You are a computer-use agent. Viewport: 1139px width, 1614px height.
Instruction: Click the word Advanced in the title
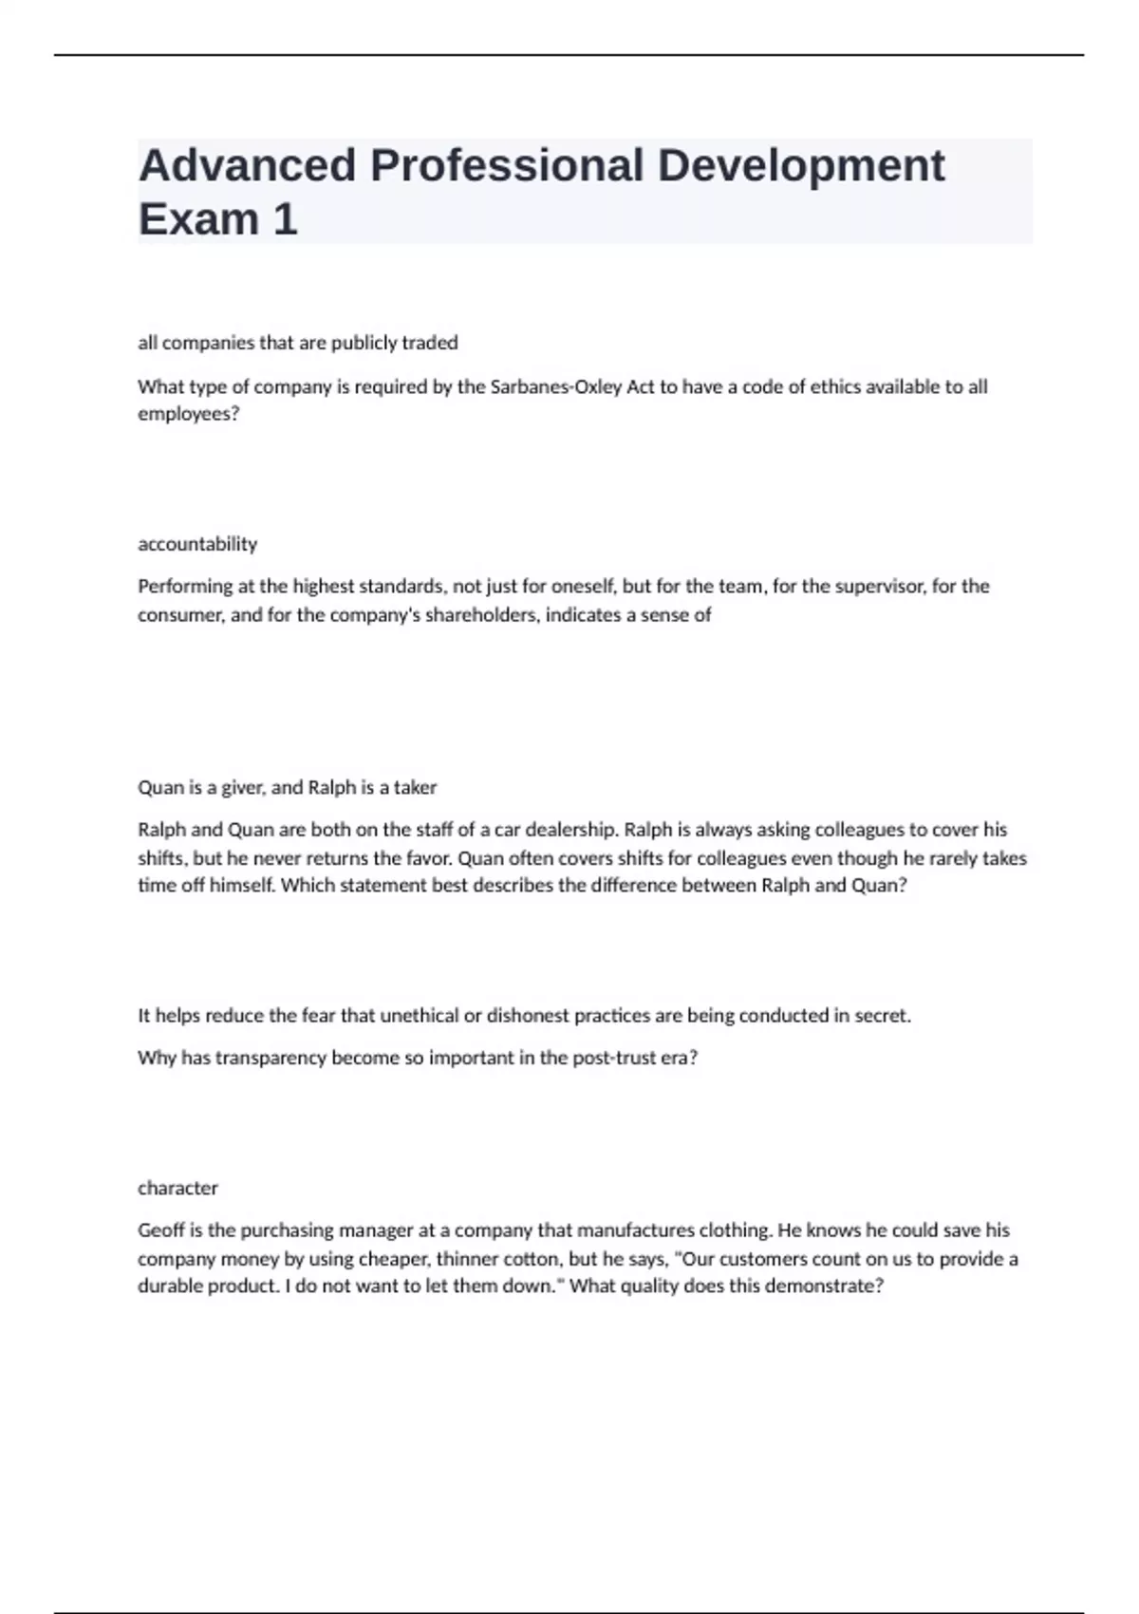247,166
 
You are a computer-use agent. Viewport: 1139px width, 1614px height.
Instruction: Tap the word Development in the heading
800,166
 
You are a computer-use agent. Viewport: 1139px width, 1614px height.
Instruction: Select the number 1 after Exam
285,220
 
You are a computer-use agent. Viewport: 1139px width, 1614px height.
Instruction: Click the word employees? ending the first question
189,414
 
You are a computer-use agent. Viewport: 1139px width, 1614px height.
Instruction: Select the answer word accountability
197,544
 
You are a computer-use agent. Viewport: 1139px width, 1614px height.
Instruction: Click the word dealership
572,830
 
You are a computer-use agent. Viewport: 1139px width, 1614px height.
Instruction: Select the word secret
883,1016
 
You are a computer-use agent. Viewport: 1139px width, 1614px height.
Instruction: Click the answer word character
177,1188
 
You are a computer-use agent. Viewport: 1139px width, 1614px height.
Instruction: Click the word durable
174,1286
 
